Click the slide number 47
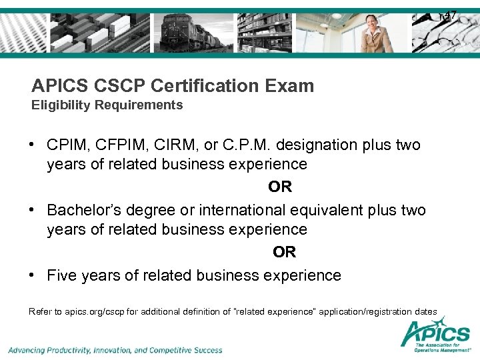tap(451, 15)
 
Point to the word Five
tap(62, 275)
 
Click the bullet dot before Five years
tap(33, 275)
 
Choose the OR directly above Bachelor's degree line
tap(280, 187)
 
